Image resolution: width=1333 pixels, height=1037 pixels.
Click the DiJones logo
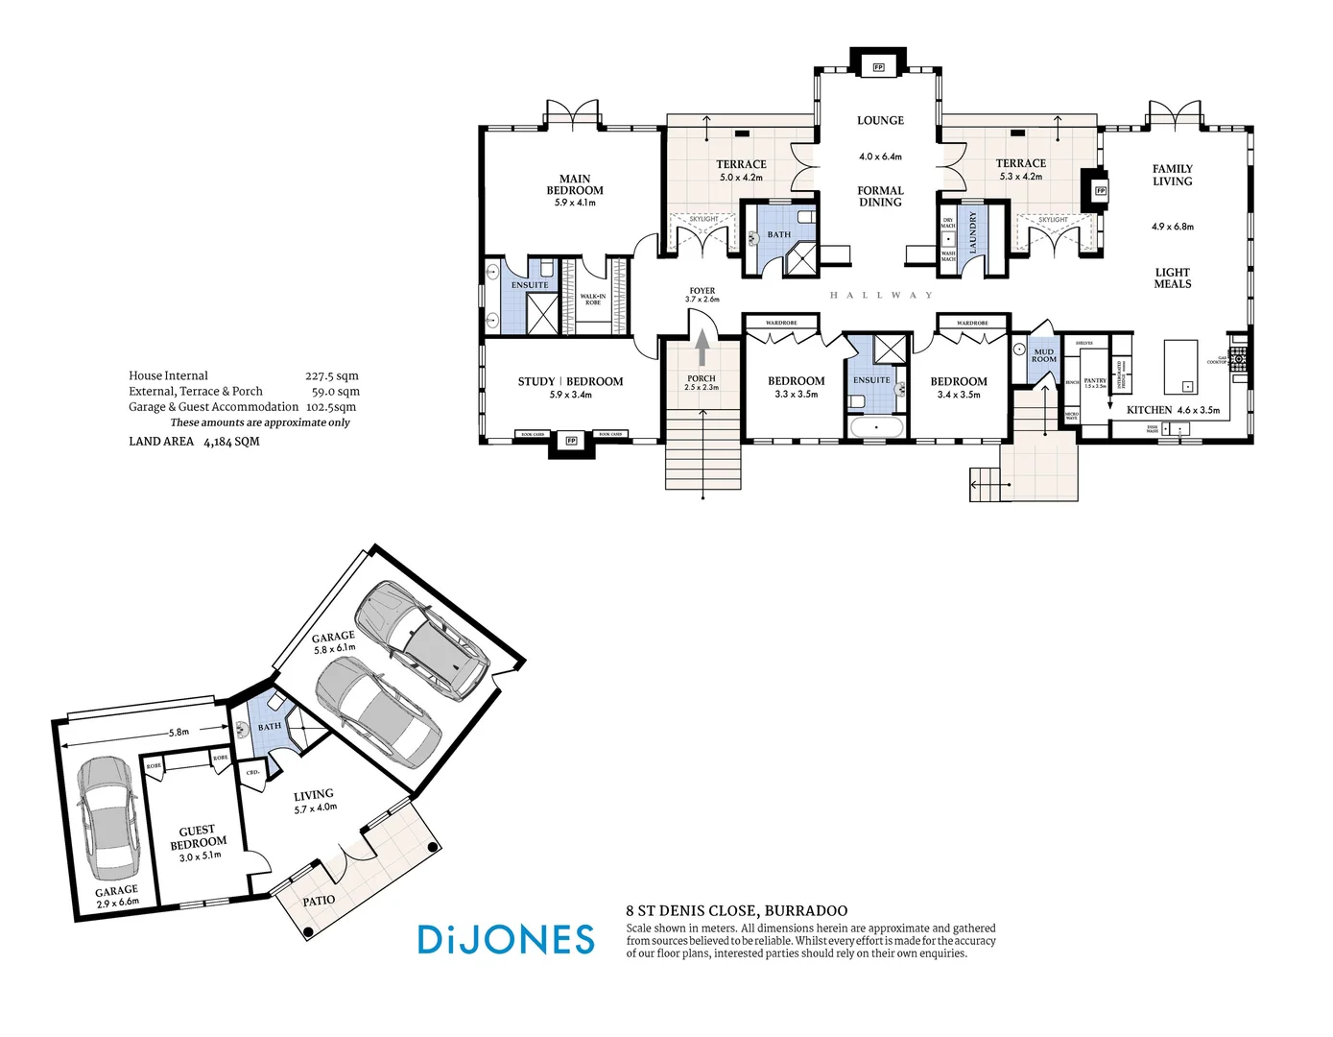point(506,939)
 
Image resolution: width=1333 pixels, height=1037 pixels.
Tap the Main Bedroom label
point(575,184)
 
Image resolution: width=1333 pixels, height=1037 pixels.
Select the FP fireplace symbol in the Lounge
point(877,67)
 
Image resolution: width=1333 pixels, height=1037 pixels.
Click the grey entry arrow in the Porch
point(702,348)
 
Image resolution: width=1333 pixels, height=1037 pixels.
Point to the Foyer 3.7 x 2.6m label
point(702,295)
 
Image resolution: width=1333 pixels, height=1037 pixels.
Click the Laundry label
point(972,232)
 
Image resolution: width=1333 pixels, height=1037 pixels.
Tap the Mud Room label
point(1043,355)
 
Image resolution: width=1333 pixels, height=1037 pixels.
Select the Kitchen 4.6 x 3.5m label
point(1173,410)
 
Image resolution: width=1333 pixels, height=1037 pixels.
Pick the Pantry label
point(1095,381)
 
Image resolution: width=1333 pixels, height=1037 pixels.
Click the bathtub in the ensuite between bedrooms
point(875,427)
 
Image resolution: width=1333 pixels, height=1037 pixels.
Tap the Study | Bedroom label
point(570,381)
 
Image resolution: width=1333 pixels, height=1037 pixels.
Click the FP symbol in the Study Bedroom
point(571,441)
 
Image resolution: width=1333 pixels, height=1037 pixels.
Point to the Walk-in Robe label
point(593,300)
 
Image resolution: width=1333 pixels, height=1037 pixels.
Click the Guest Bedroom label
point(199,836)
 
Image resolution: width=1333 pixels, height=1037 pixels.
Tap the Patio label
point(319,901)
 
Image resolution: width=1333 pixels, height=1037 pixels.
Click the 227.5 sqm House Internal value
point(331,376)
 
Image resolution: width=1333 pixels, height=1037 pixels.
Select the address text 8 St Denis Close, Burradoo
point(736,911)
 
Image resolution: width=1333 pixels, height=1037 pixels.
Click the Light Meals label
point(1172,278)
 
